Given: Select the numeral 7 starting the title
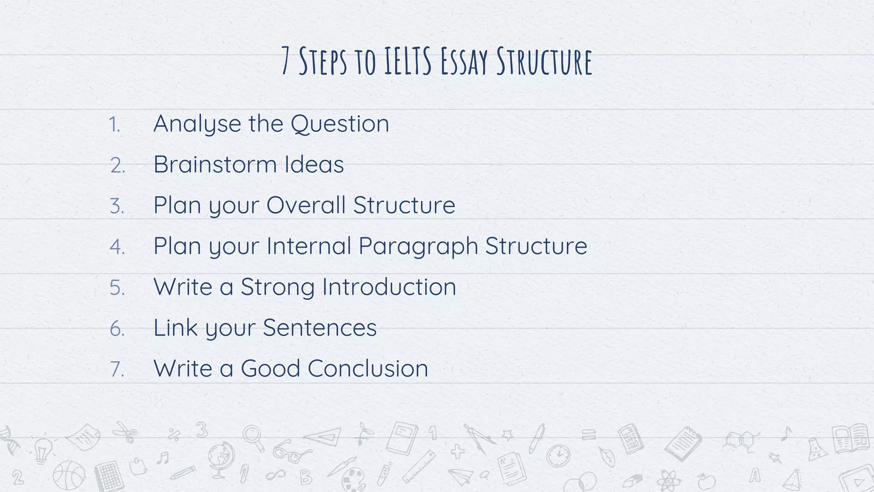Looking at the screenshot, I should coord(286,62).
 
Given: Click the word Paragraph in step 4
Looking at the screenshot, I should coord(418,246).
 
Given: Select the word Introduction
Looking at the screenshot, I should coord(389,287).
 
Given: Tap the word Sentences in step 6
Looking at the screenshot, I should coord(320,328).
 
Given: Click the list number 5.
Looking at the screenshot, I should coord(117,287).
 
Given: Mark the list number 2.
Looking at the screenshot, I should coord(117,165).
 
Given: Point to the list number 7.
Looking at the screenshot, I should coord(117,369).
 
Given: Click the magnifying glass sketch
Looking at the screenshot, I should coord(253,438).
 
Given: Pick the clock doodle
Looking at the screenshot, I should coord(558,456).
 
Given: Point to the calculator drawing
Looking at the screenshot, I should coord(631,438).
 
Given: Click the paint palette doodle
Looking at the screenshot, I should coord(354,479).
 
